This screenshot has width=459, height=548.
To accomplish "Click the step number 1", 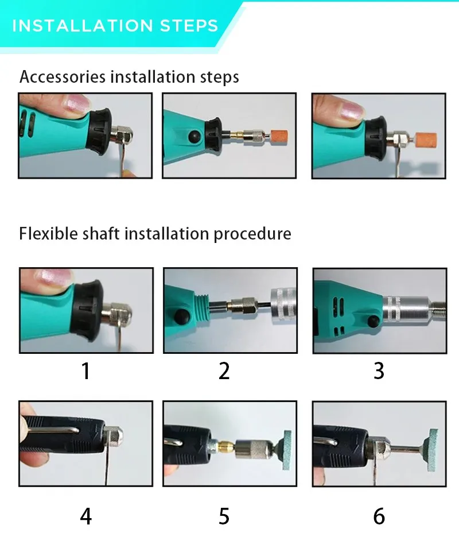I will point(85,371).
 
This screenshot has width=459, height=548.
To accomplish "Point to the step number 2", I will point(224,371).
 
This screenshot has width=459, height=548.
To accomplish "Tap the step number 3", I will point(379,371).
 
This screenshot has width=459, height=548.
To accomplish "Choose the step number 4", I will point(85,516).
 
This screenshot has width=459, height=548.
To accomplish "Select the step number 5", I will point(224,516).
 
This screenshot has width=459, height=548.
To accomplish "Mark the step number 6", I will point(379,516).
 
